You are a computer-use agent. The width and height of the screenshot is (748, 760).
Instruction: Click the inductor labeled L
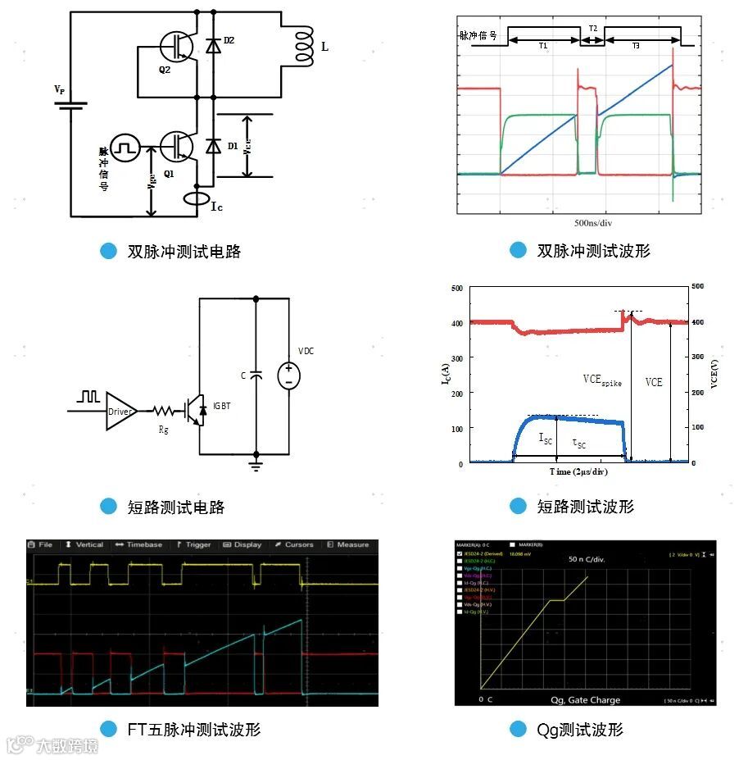tap(304, 48)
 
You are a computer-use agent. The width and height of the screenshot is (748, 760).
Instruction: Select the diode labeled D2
tap(214, 46)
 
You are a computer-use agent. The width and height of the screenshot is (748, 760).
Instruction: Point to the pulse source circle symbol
tap(125, 148)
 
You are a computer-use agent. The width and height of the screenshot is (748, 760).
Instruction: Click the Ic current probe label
tap(216, 207)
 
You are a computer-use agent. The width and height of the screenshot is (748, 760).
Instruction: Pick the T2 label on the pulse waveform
tap(592, 29)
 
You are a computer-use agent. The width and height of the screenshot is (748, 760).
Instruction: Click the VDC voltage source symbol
tap(288, 376)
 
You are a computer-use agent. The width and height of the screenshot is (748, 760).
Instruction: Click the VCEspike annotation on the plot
tap(602, 380)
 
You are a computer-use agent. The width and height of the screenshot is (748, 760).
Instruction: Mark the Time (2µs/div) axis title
tap(578, 472)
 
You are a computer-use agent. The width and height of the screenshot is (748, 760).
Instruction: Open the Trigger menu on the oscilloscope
tap(194, 544)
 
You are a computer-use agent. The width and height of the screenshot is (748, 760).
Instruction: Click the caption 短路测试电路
tap(176, 507)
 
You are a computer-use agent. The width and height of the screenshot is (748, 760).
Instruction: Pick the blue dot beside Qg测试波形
tap(517, 729)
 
